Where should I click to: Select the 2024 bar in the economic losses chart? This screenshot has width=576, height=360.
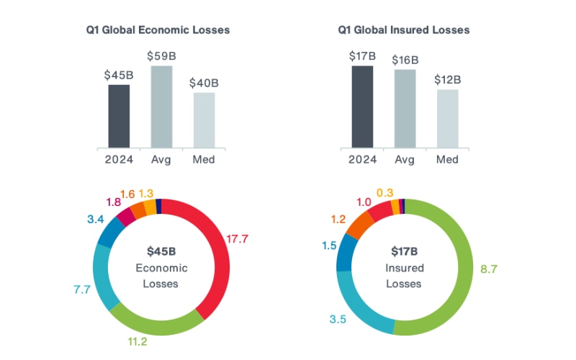point(119,116)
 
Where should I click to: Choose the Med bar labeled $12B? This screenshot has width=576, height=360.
point(446,118)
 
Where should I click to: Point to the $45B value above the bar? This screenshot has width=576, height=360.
point(119,74)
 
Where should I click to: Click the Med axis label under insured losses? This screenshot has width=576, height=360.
point(446,159)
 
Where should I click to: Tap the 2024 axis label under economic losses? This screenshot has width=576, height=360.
point(119,159)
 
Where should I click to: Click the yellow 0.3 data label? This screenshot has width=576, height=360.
point(384,192)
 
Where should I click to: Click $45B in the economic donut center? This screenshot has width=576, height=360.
point(161,251)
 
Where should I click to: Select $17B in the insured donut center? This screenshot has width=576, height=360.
point(404,251)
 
